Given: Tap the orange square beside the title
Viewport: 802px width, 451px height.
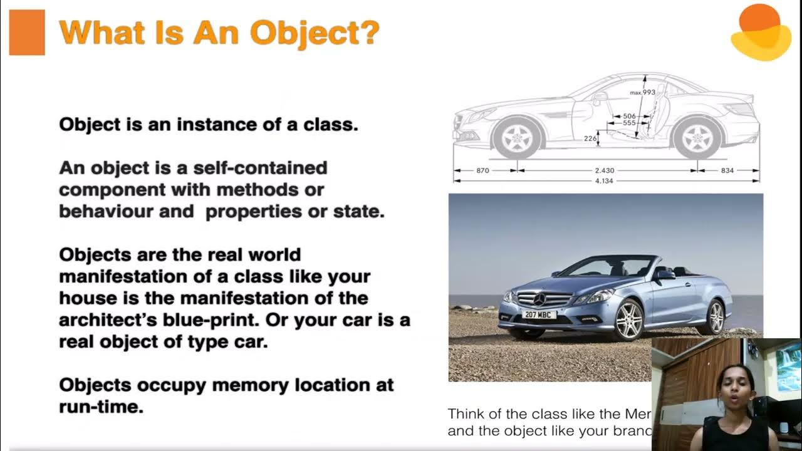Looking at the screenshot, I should pos(27,33).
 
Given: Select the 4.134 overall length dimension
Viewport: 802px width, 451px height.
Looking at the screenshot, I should pos(604,181).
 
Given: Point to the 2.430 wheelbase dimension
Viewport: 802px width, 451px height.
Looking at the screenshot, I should pos(604,170).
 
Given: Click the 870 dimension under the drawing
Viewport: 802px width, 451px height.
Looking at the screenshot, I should pos(482,170).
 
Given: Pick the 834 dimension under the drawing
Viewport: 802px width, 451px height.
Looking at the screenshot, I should pos(727,170).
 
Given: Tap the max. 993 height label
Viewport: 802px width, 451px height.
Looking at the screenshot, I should pos(642,93).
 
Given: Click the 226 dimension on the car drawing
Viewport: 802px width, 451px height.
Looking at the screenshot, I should pos(590,138).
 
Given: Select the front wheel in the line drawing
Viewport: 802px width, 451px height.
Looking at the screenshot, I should pos(517,138).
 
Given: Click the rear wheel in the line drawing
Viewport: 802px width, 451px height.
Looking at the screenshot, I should pos(697,138).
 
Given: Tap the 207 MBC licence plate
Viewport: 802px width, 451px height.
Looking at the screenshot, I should pos(539,314).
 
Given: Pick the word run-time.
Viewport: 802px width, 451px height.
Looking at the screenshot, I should pos(101,406).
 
